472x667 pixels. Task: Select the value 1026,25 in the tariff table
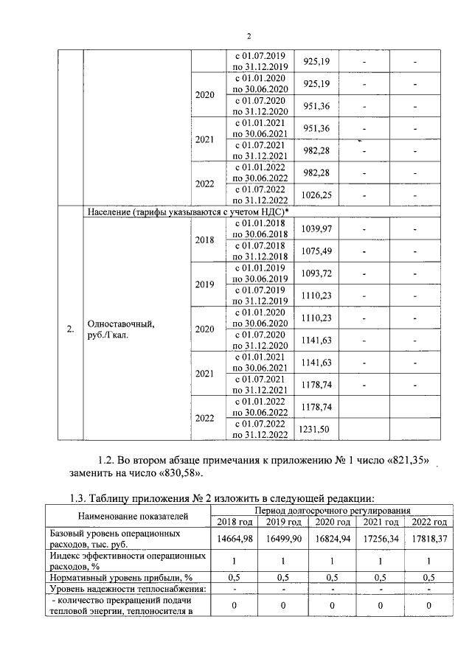tap(316, 195)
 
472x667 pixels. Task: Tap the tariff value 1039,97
tap(316, 229)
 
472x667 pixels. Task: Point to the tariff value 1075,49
tap(316, 251)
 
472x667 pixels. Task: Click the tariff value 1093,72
tap(316, 273)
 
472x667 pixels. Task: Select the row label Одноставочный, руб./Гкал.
tap(122, 328)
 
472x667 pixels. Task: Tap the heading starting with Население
tap(187, 212)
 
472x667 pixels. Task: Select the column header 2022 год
tap(430, 522)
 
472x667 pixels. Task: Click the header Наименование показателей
tap(129, 516)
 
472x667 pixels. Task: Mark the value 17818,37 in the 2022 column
tap(430, 539)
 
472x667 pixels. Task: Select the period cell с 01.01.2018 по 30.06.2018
tap(259, 229)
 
